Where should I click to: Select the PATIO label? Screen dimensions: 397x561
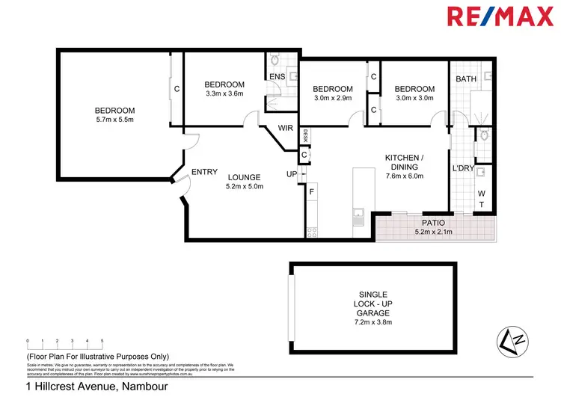pyautogui.click(x=434, y=223)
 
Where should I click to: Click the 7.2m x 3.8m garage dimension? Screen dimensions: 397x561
pyautogui.click(x=372, y=322)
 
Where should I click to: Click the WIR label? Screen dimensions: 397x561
pyautogui.click(x=285, y=128)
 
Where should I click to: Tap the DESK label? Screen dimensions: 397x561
pyautogui.click(x=305, y=135)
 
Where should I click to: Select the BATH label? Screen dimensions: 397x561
pyautogui.click(x=466, y=79)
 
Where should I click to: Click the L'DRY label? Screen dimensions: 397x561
pyautogui.click(x=464, y=168)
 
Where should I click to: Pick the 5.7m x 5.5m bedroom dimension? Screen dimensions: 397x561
pyautogui.click(x=115, y=120)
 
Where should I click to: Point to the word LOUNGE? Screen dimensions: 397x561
pyautogui.click(x=245, y=178)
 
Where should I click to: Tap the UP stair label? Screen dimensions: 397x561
pyautogui.click(x=292, y=174)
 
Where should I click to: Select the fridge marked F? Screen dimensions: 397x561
pyautogui.click(x=312, y=192)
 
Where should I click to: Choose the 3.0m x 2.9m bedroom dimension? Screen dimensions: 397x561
pyautogui.click(x=333, y=98)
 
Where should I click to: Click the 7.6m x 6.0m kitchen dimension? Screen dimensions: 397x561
pyautogui.click(x=404, y=176)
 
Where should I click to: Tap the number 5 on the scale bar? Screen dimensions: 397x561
pyautogui.click(x=102, y=341)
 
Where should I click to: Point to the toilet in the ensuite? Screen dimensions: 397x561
pyautogui.click(x=275, y=61)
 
